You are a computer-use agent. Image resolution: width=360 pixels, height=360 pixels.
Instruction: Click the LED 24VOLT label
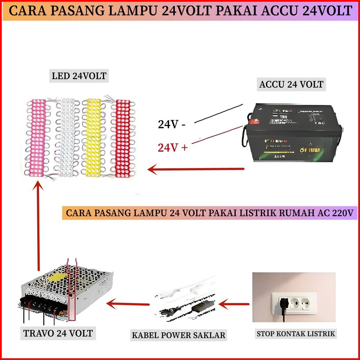(79, 76)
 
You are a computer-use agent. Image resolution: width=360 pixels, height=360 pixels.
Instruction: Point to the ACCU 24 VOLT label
(291, 84)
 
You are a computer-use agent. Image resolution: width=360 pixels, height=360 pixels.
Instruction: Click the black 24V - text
(172, 124)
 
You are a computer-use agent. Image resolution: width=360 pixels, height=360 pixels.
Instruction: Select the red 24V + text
(173, 148)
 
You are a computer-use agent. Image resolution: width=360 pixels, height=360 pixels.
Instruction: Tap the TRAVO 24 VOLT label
(58, 333)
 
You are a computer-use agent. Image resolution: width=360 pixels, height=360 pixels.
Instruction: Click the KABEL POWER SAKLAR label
(179, 336)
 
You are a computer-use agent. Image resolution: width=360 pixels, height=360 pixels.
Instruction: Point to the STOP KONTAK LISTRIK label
(296, 334)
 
